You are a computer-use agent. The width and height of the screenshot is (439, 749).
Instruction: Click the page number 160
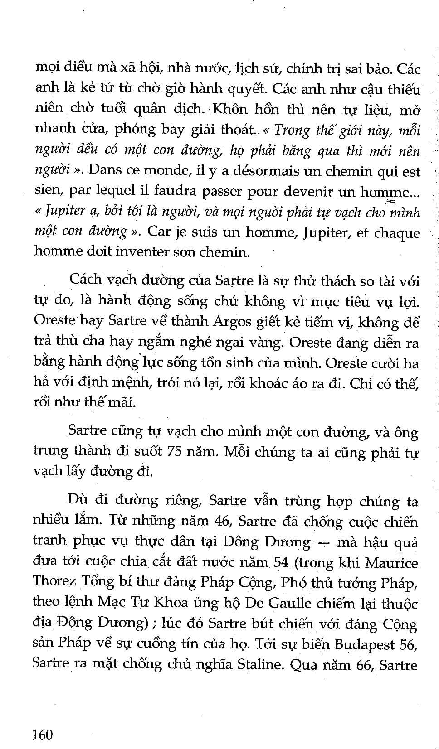(43, 734)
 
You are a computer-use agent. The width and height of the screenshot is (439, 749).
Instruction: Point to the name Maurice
(392, 563)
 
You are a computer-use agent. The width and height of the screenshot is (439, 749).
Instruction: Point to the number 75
(177, 452)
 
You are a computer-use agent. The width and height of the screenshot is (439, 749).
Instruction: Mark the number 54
(281, 563)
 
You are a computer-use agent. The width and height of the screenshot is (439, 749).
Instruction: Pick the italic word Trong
(292, 131)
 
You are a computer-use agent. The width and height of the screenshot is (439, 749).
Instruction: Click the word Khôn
(230, 111)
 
